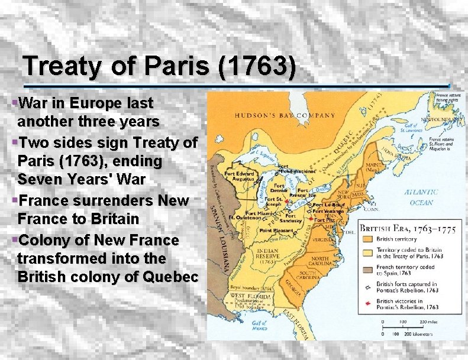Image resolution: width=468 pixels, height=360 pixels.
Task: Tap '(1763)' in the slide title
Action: [x=257, y=66]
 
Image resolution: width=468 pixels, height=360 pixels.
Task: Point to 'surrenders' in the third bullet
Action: [x=112, y=200]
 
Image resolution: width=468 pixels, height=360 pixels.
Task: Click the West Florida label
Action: [x=245, y=295]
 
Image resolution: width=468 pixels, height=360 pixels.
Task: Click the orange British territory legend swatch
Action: [x=367, y=239]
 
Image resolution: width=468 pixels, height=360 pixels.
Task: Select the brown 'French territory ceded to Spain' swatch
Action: [x=367, y=269]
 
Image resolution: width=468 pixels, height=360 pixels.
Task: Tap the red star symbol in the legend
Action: [x=368, y=303]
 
